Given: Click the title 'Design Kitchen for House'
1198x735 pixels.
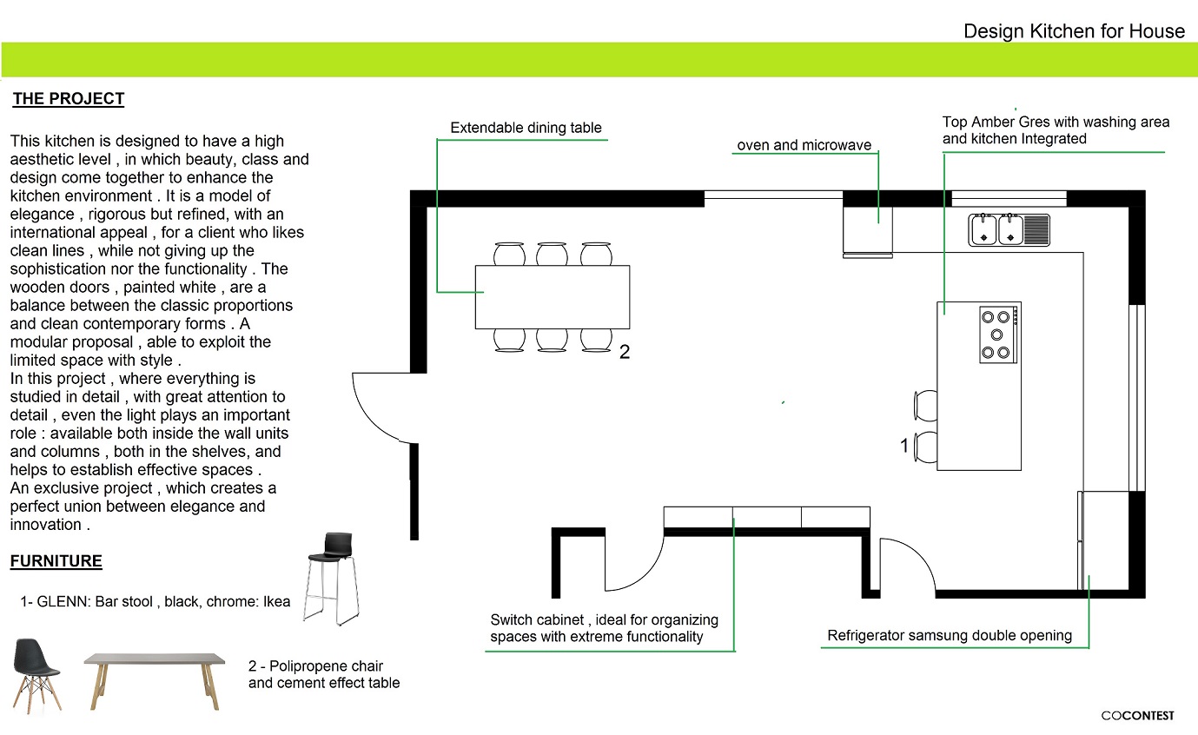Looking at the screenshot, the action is point(1074,31).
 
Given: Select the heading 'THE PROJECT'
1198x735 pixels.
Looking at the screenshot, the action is point(69,99).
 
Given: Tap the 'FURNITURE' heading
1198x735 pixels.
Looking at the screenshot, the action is point(56,561).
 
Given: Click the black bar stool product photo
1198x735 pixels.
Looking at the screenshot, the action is point(332,577).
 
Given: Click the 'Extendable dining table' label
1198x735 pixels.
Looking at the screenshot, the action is point(526,128).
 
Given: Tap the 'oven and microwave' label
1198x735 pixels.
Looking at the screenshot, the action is point(804,145).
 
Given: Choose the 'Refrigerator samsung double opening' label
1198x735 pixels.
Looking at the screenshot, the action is point(950,635).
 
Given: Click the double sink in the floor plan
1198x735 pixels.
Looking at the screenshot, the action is point(1009,229).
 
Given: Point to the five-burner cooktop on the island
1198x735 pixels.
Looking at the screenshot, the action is point(998,334).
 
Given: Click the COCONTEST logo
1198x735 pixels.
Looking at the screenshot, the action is point(1137,716).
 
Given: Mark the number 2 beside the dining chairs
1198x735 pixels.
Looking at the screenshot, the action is point(624,353).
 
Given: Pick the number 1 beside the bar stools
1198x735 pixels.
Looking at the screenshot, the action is point(904,446).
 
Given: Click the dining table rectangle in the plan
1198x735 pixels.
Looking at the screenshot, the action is point(552,297).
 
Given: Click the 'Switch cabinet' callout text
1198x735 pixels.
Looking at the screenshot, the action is point(604,628).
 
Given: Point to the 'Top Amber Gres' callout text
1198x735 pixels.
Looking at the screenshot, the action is point(1056,130).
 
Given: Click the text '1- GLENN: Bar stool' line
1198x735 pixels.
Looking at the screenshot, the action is point(155,601).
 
